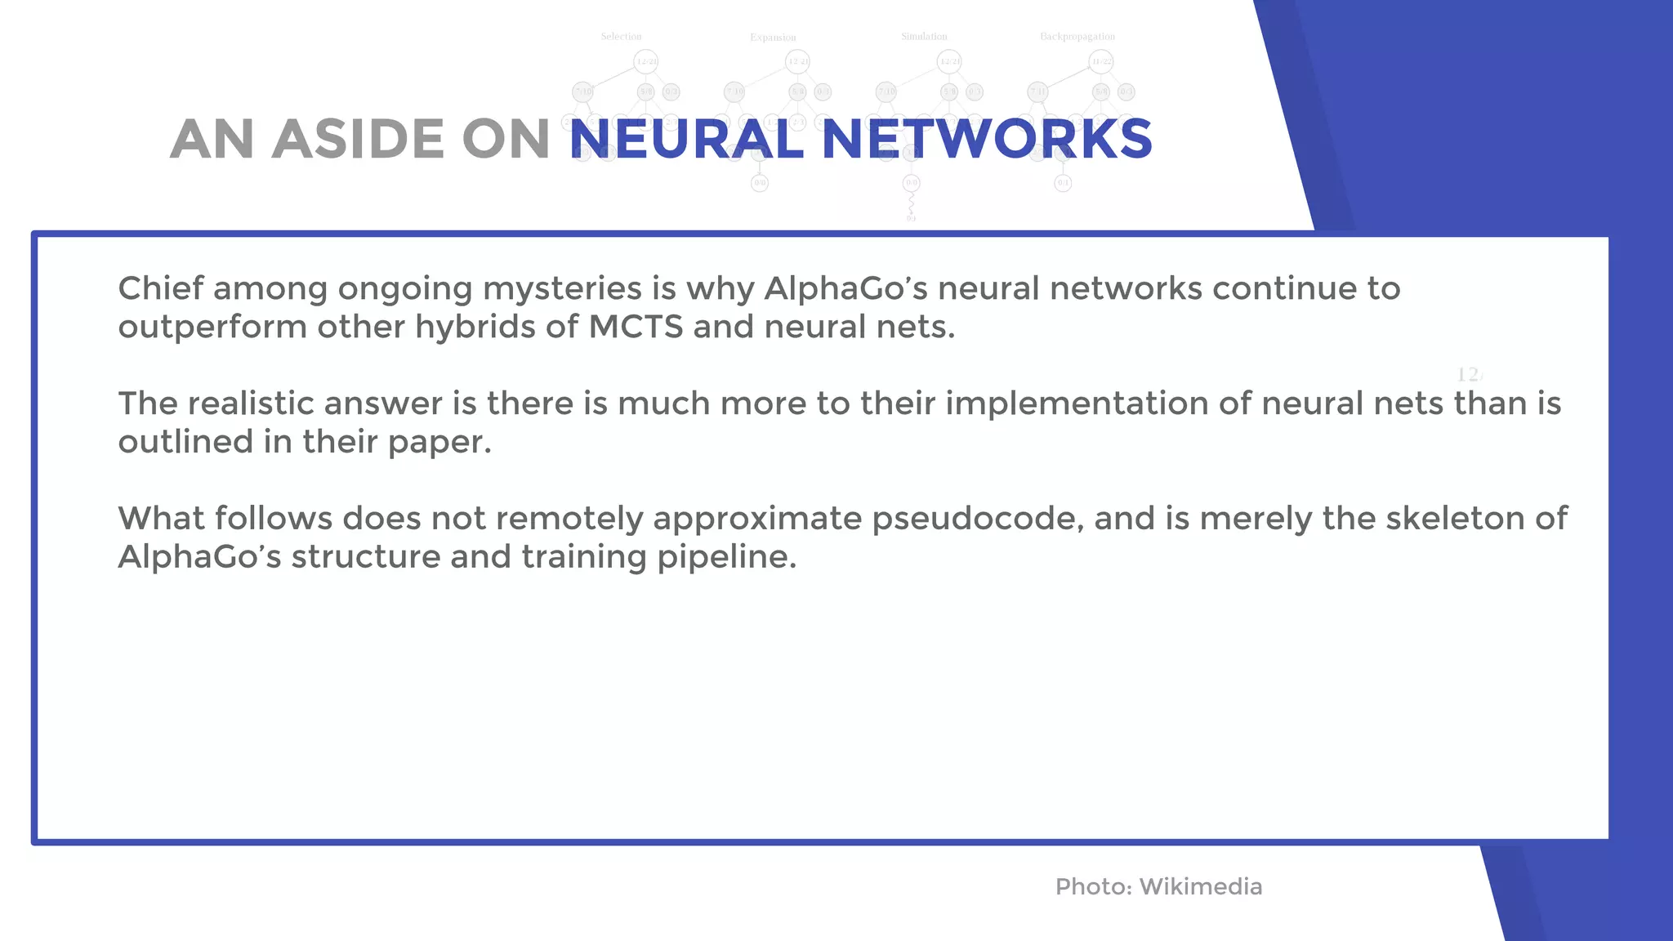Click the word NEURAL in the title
686,139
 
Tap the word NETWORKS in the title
987,139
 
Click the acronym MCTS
636,327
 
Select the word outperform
212,328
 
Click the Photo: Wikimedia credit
1158,886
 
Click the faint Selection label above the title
621,37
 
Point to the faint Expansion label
773,38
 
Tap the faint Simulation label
924,37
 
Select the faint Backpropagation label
1077,37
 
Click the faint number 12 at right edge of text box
1468,375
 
